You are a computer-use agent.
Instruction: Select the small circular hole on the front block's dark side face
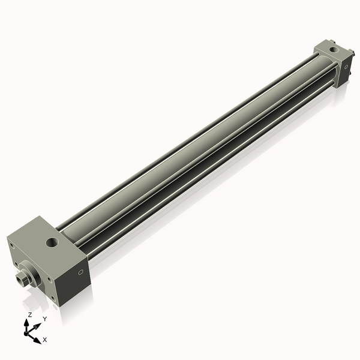[81, 273]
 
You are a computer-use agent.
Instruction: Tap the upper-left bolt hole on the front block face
[11, 244]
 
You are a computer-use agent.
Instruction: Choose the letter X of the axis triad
[45, 340]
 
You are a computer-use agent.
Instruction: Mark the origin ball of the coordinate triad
[28, 331]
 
